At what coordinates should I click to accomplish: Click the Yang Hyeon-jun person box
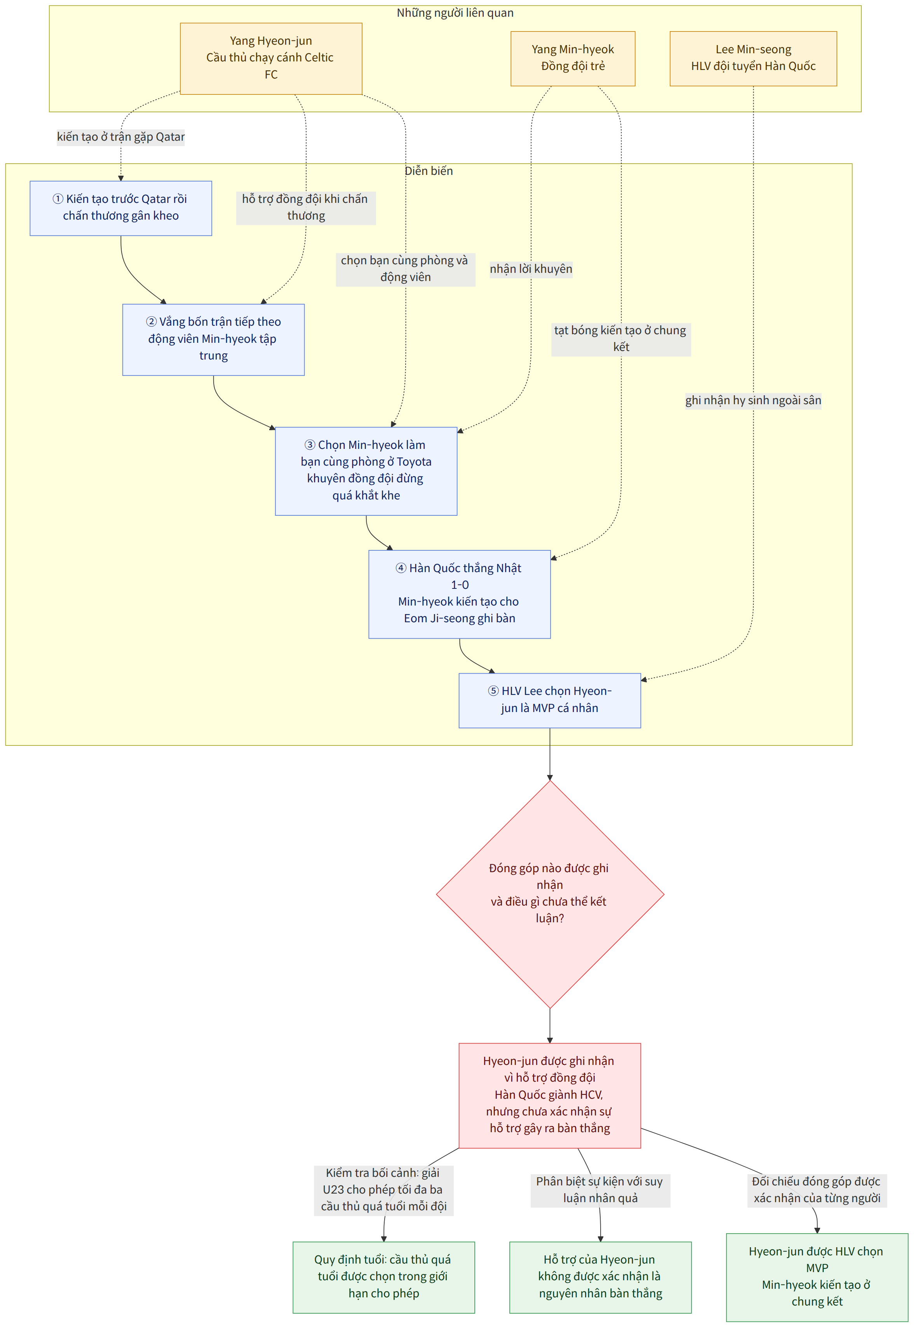[271, 58]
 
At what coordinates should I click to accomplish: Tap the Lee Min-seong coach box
[753, 58]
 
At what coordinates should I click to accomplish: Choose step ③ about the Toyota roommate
[366, 470]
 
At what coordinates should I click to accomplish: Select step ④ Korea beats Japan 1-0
[460, 594]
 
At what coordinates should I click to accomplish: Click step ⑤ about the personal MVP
[549, 700]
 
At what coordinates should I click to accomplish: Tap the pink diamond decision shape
[550, 894]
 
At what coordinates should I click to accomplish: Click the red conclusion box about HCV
[549, 1095]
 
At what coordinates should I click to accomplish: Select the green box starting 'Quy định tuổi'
[383, 1277]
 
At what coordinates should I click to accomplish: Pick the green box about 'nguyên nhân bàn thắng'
[600, 1277]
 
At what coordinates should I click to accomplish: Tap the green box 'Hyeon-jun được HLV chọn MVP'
[817, 1277]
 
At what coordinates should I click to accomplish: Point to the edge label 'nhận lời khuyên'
[531, 269]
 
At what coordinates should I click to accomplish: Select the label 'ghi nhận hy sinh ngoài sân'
[753, 400]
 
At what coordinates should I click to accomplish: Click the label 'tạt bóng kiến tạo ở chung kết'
[621, 339]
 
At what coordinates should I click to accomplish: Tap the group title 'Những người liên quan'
[455, 13]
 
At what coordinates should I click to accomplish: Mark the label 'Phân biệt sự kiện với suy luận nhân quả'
[600, 1189]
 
